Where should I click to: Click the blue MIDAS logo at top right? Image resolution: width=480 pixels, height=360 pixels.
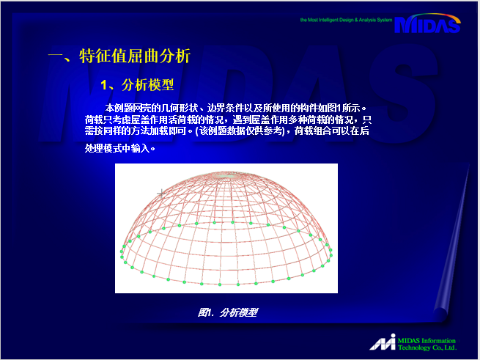pos(427,23)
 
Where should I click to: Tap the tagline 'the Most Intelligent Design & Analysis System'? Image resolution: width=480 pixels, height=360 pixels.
pos(346,20)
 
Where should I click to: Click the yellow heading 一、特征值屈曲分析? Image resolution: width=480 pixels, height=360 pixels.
pos(119,56)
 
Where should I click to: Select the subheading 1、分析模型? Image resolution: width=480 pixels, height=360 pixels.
pos(137,85)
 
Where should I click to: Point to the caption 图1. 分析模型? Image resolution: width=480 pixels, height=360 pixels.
pos(228,312)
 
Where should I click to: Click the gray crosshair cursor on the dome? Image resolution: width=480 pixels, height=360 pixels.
pos(161,193)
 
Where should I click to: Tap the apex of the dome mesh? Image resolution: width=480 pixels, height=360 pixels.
pos(226,175)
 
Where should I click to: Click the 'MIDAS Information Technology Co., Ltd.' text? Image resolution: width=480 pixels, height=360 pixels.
pos(427,344)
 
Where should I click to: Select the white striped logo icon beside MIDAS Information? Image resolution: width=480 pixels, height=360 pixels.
pos(383,342)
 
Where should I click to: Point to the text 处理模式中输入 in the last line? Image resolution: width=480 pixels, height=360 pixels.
pos(117,149)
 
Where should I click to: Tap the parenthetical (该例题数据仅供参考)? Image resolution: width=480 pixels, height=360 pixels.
pos(240,131)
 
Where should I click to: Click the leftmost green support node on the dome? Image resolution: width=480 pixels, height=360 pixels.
pos(122,251)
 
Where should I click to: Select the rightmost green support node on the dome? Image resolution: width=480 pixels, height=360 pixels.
pos(331,255)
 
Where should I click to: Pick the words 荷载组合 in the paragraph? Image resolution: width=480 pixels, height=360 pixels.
pos(313,131)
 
